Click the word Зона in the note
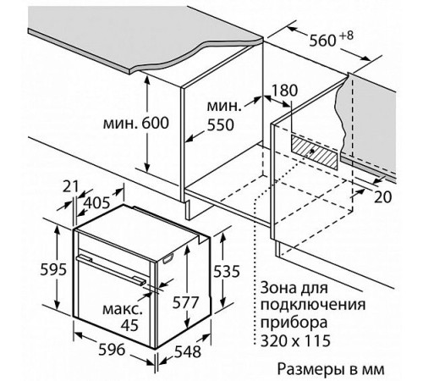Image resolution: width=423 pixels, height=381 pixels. [x=274, y=288]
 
